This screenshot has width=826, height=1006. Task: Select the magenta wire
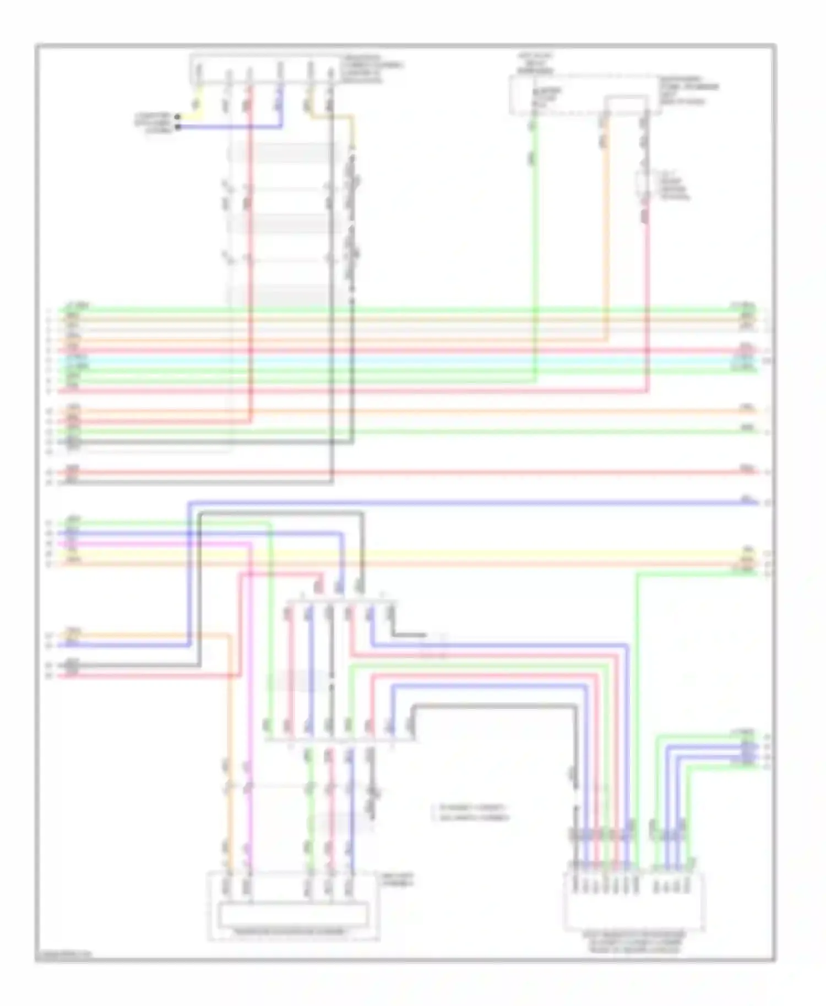click(250, 660)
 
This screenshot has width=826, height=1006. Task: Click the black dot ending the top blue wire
click(178, 127)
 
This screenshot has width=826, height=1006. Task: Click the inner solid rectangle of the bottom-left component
click(293, 915)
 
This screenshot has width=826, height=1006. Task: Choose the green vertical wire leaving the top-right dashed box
click(534, 248)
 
